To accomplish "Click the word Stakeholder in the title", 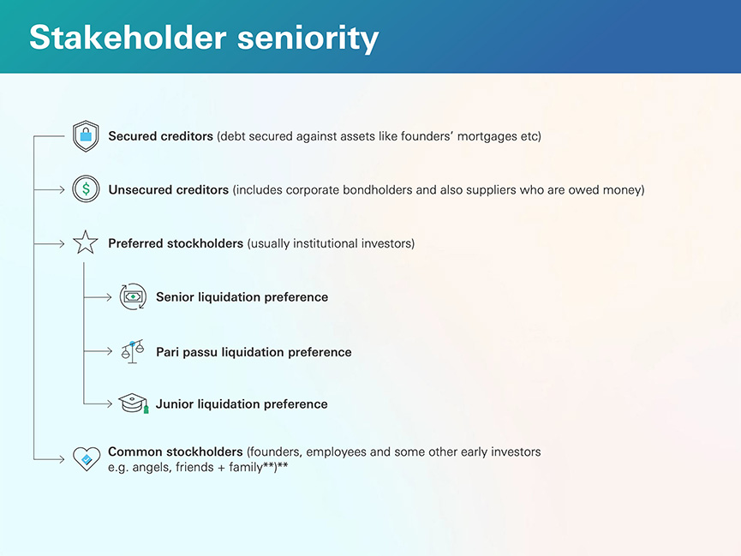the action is click(x=128, y=38).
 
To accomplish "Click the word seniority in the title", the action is click(x=308, y=39).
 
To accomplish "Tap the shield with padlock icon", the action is click(x=86, y=136).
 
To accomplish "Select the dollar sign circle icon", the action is click(x=86, y=189).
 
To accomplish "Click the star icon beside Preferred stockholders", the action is click(x=86, y=242).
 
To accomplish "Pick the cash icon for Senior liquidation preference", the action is click(x=133, y=297).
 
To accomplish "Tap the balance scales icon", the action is click(x=132, y=351).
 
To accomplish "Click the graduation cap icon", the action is click(x=134, y=404).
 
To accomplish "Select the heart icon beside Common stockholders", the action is click(x=87, y=458).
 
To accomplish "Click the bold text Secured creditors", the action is click(x=161, y=136).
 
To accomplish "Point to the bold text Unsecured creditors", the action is click(x=169, y=189).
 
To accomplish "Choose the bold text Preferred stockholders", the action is click(x=176, y=243).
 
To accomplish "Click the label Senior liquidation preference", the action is click(x=242, y=297).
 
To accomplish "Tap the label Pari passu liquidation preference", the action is click(x=254, y=352).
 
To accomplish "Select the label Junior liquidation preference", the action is click(x=242, y=404).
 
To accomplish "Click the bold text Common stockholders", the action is click(x=176, y=451).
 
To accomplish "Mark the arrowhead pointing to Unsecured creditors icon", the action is click(x=62, y=189).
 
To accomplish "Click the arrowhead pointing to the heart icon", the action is click(x=62, y=458).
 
